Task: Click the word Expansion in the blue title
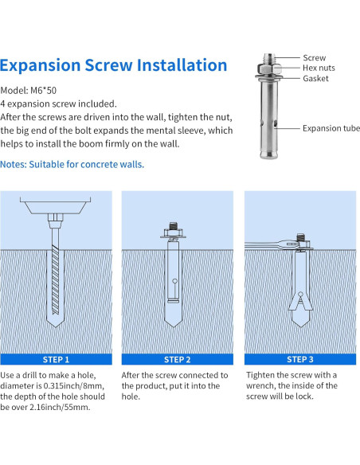pos(41,66)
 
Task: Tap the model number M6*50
pos(43,90)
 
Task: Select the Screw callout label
pos(314,57)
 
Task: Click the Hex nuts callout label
pos(319,68)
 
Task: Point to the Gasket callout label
pos(315,78)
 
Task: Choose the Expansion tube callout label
pos(331,128)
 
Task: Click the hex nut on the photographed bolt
pos(269,68)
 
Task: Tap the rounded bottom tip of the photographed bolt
pos(269,154)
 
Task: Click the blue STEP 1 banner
pos(56,359)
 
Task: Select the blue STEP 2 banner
pos(178,359)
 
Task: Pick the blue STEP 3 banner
pos(300,359)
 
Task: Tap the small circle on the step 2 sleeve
pos(174,281)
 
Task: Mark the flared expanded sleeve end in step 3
pos(300,303)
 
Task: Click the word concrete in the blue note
pos(99,164)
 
